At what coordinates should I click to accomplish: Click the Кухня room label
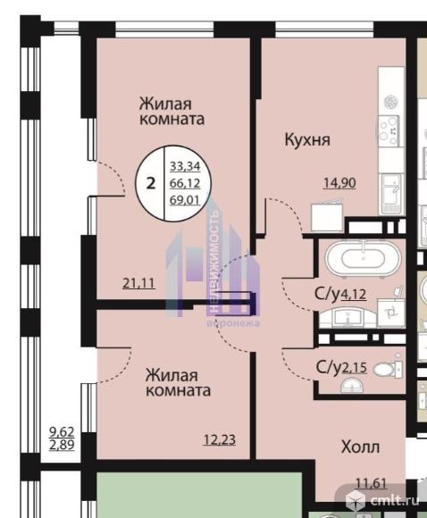coord(307,140)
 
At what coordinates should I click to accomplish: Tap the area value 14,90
coord(339,183)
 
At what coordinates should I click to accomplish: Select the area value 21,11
coord(138,283)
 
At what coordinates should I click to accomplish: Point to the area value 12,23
coord(220,439)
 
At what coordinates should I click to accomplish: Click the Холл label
coord(360,447)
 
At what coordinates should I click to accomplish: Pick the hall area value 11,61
coord(371,484)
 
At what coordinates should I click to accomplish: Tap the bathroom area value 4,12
coord(354,294)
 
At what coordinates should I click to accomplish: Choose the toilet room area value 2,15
coord(355,368)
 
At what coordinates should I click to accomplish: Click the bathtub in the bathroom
coord(363,258)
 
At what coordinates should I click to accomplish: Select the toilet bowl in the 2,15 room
coord(388,369)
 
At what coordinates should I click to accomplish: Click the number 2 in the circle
coord(151,183)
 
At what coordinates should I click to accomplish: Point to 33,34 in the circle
coord(185,166)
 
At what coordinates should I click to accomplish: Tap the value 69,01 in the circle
coord(185,200)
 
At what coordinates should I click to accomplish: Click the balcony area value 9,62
coord(62,431)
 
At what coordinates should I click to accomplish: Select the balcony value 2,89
coord(62,445)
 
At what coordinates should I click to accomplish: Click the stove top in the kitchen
coord(389,130)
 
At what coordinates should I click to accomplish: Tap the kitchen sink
coord(391,193)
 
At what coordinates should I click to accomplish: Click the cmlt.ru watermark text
coord(395,500)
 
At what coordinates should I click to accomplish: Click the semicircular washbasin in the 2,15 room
coord(352,385)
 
